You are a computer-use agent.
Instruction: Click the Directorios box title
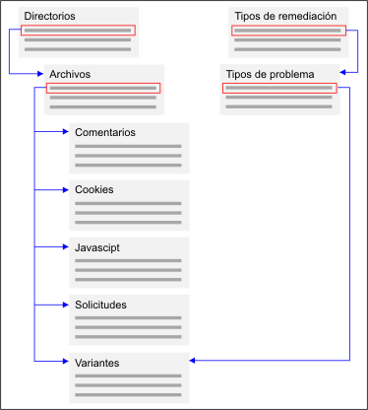tap(49, 17)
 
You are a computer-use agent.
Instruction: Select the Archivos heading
tap(71, 74)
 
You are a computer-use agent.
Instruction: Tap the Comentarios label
tap(104, 132)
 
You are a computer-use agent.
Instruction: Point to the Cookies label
tap(94, 189)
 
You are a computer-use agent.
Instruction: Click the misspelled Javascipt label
tap(97, 247)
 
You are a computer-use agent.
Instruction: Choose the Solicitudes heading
tap(100, 305)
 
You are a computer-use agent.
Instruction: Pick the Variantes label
tap(97, 363)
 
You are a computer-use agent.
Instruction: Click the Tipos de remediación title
tap(285, 17)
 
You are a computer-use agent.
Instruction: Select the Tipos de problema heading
tap(271, 74)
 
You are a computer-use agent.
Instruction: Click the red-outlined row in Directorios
tap(77, 30)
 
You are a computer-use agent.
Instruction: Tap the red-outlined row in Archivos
tap(102, 88)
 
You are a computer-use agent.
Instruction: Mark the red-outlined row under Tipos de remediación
tap(287, 30)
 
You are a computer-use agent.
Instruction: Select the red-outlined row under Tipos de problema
tap(279, 88)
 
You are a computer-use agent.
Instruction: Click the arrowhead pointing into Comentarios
tap(65, 132)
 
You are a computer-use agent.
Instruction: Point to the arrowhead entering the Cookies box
tap(65, 189)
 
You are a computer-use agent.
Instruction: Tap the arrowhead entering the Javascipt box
tap(65, 247)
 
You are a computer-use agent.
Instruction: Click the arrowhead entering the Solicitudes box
tap(65, 305)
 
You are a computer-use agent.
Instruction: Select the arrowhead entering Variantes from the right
tap(191, 363)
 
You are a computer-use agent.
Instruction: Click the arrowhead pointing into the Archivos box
tap(40, 74)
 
